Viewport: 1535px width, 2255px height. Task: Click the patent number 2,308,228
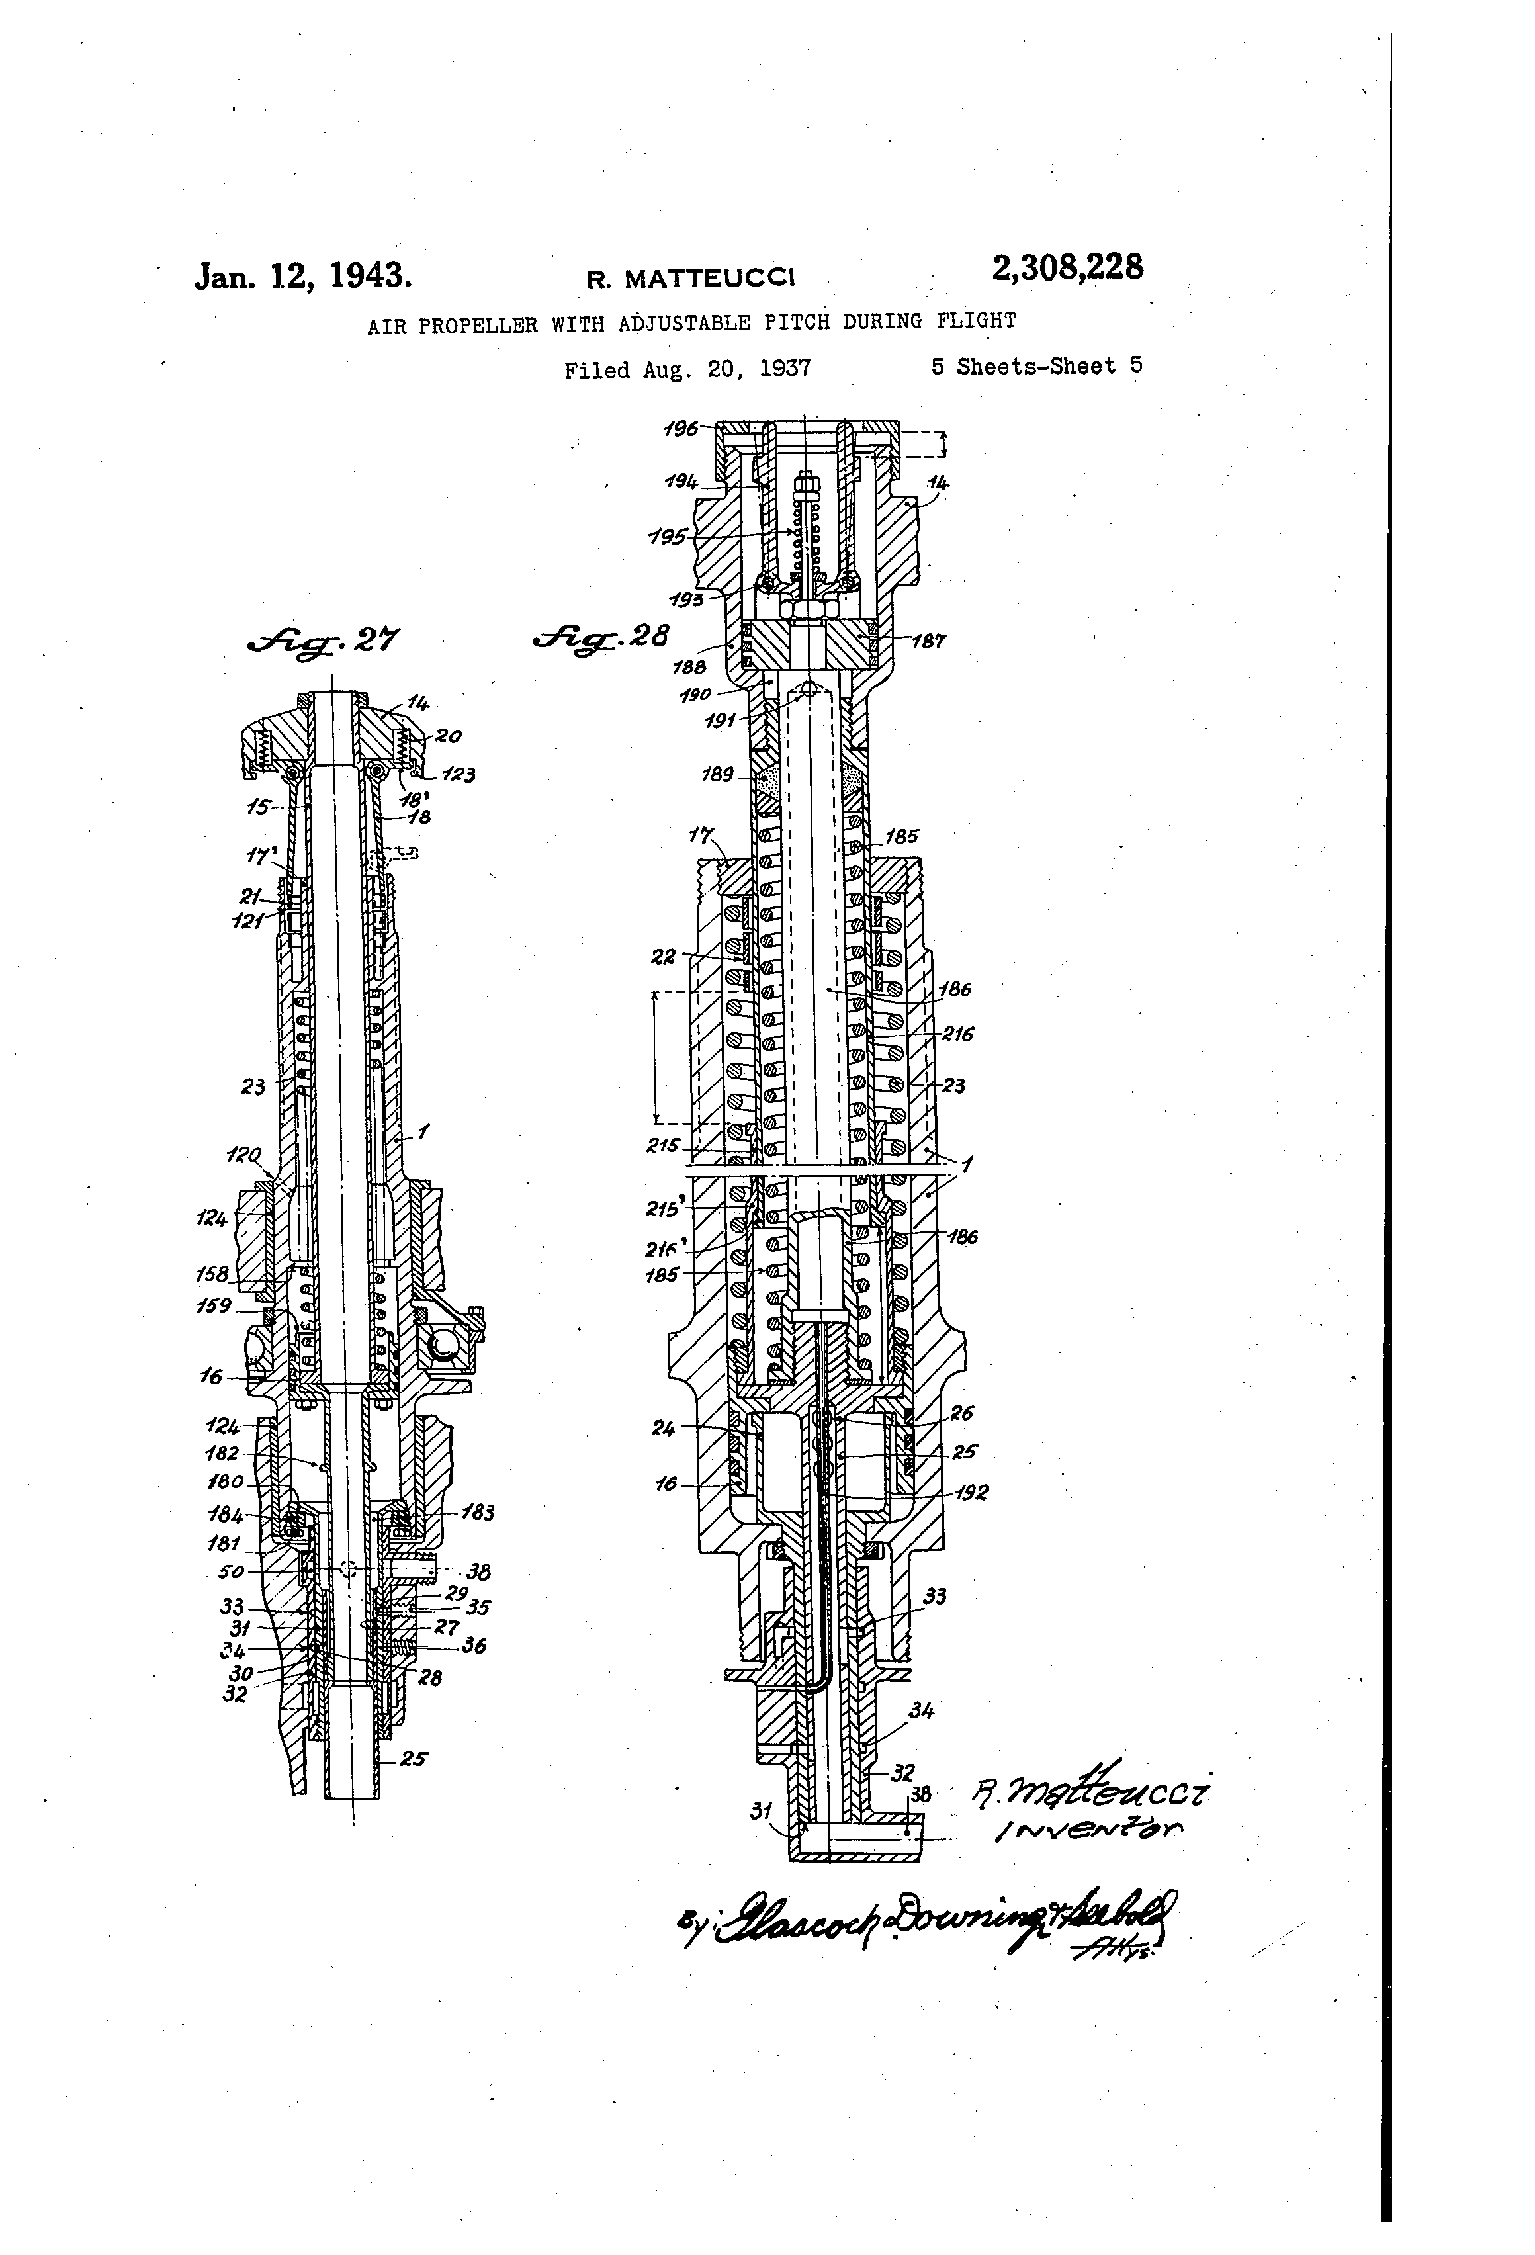pyautogui.click(x=1067, y=267)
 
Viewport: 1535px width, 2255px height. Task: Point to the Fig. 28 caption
pyautogui.click(x=601, y=637)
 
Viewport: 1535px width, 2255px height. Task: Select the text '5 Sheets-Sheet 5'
pyautogui.click(x=1036, y=366)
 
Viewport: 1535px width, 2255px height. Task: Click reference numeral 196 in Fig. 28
pyautogui.click(x=680, y=428)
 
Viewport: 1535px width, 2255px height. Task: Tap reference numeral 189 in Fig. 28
pyautogui.click(x=718, y=774)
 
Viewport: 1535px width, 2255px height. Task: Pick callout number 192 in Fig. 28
pyautogui.click(x=969, y=1493)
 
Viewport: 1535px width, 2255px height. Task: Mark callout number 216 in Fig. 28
pyautogui.click(x=957, y=1034)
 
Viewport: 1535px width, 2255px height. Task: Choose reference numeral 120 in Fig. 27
pyautogui.click(x=243, y=1155)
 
